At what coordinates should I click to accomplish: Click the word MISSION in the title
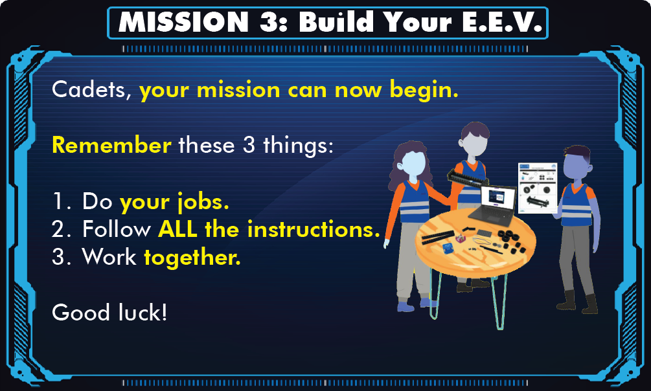tap(183, 22)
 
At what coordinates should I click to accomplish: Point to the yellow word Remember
tap(111, 145)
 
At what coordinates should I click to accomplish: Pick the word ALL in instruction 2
tap(177, 229)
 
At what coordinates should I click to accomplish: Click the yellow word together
tap(192, 258)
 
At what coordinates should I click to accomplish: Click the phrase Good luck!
tap(109, 312)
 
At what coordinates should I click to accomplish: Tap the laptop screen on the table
tap(497, 197)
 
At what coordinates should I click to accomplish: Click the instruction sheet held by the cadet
tap(538, 188)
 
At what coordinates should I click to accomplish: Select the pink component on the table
tap(461, 239)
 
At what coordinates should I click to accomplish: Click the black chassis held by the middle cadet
tap(468, 179)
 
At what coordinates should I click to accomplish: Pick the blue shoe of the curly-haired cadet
tap(405, 307)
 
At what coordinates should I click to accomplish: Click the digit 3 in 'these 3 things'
tap(249, 145)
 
